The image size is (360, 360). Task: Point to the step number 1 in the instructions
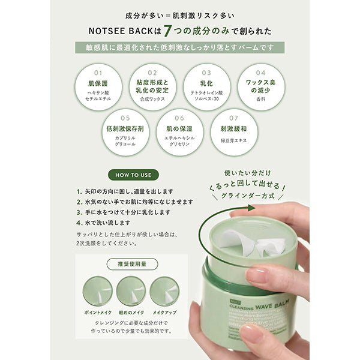[x=79, y=191]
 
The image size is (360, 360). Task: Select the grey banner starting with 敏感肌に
[x=180, y=48]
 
